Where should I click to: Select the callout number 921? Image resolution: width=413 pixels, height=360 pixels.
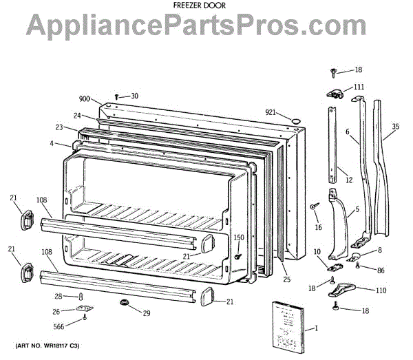[271, 112]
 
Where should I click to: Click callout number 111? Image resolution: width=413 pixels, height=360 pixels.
[359, 87]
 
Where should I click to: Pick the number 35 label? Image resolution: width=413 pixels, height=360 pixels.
[394, 127]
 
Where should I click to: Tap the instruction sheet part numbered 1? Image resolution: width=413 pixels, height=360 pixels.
[284, 321]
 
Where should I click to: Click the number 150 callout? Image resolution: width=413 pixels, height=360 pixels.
[238, 237]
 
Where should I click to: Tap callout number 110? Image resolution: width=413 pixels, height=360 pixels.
[380, 290]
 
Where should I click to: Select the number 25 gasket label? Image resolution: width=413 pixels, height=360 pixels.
[286, 279]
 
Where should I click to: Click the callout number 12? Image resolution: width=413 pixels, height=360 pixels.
[349, 180]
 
